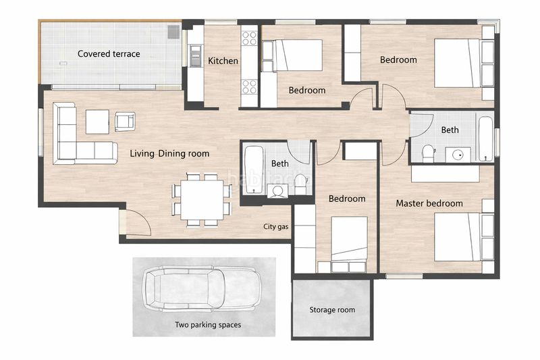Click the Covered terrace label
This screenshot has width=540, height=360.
[x=109, y=54]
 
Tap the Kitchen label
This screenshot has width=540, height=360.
[x=223, y=61]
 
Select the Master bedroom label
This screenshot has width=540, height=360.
[x=429, y=203]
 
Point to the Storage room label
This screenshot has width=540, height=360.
[x=332, y=310]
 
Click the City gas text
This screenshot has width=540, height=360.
[x=276, y=227]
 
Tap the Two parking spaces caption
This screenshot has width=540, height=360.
[x=208, y=324]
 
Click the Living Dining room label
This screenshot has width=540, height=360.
[x=169, y=153]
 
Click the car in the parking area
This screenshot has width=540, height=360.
[x=203, y=289]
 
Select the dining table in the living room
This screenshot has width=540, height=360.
[x=202, y=200]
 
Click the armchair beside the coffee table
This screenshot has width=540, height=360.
[x=125, y=122]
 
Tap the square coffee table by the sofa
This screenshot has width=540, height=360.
[x=97, y=122]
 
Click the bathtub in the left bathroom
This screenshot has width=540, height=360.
[x=254, y=169]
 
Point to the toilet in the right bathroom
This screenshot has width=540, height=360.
[x=429, y=153]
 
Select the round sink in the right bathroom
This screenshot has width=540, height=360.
[x=458, y=155]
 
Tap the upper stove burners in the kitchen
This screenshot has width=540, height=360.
[x=249, y=38]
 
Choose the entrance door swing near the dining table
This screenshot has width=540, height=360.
[x=138, y=222]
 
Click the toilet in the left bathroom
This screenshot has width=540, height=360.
[x=300, y=184]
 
